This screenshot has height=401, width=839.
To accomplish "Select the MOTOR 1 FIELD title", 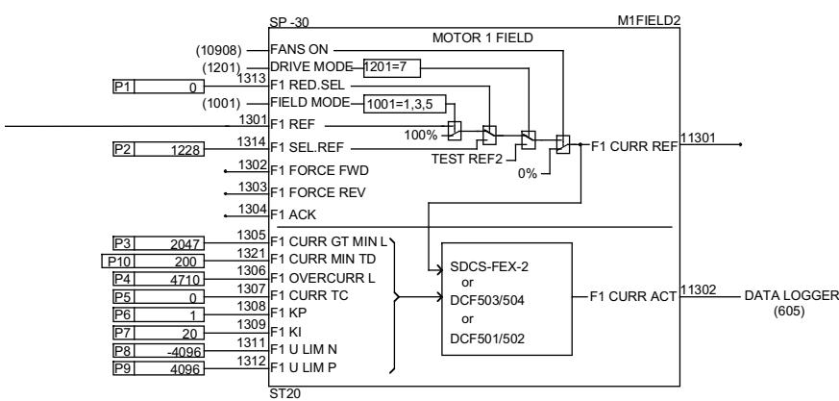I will coord(483,38).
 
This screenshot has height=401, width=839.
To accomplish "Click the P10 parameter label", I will coord(115,261).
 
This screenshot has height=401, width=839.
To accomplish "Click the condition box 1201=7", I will coord(390,66).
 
